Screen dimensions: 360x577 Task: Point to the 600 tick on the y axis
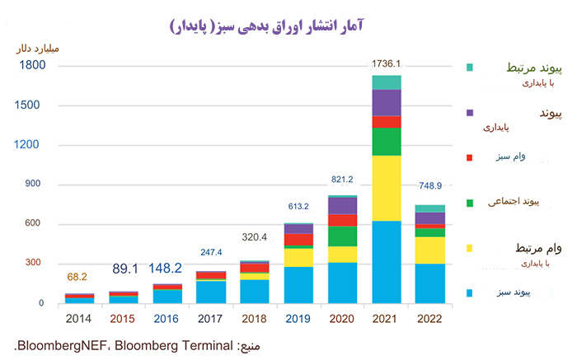[31, 224]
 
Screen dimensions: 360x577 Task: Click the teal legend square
[470, 67]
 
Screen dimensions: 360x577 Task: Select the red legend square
[470, 157]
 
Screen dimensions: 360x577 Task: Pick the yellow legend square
[470, 248]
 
